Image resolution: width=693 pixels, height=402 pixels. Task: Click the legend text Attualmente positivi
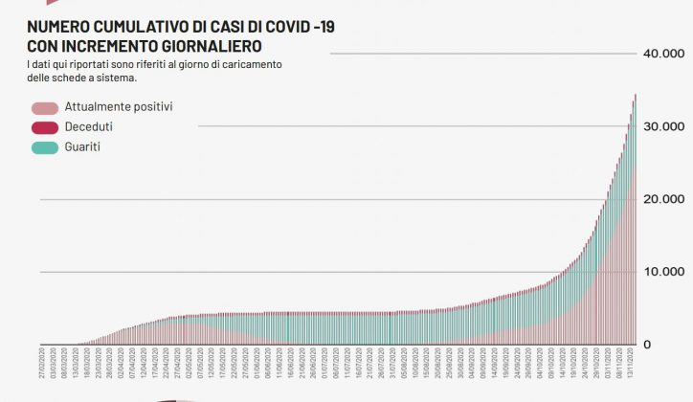click(118, 106)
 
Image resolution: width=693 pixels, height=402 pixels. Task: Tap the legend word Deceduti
click(89, 126)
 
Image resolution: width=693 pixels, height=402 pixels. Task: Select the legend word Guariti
click(83, 147)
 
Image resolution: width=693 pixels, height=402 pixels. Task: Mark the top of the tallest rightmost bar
click(636, 96)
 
